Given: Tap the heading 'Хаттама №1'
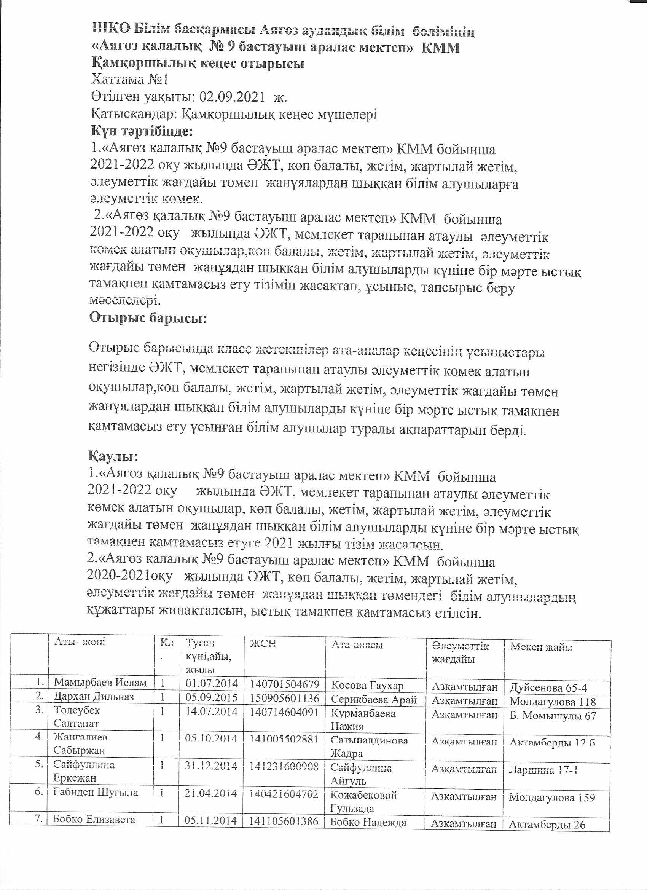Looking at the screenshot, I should [129, 80].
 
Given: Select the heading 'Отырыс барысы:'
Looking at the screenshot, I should [148, 317].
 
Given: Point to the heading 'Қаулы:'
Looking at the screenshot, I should [113, 456].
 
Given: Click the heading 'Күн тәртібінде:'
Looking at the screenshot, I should [142, 131].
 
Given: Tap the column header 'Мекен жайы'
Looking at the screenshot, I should [541, 647].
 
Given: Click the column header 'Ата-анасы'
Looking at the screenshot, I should [357, 644].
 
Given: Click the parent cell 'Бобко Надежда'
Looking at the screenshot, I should [368, 823].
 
